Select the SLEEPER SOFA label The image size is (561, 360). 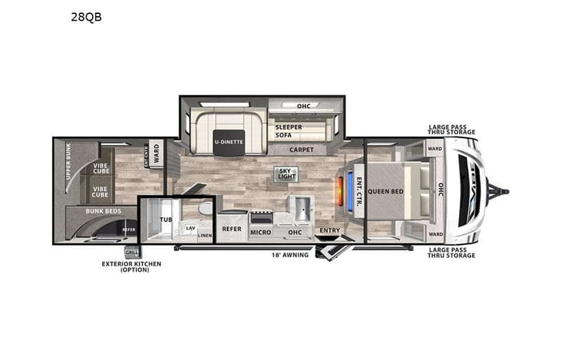[289, 130]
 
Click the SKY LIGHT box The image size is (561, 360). [285, 175]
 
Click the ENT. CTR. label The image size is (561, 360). [359, 189]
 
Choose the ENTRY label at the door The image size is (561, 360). [329, 230]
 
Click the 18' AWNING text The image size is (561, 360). [289, 255]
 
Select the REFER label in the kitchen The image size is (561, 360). [231, 229]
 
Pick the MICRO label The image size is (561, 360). [260, 231]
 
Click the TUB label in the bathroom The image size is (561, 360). [165, 220]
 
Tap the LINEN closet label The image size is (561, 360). [204, 236]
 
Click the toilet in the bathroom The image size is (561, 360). [204, 210]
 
